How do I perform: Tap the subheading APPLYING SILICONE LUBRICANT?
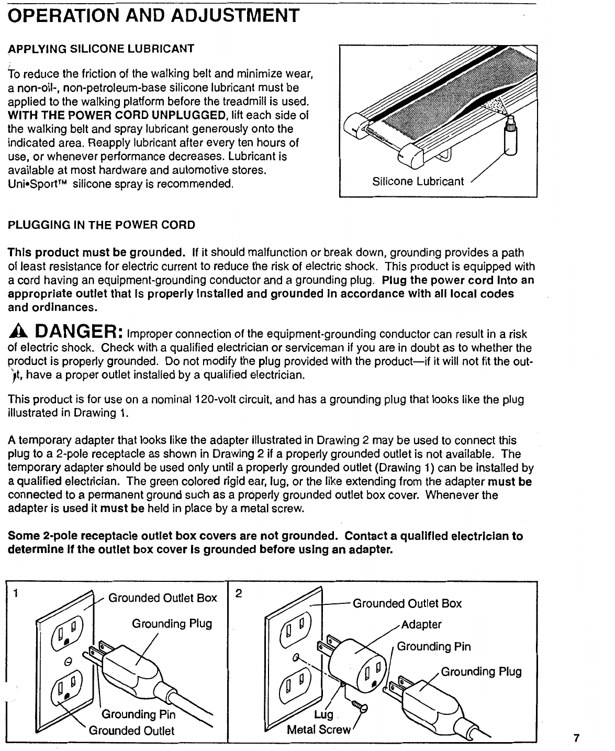pyautogui.click(x=101, y=49)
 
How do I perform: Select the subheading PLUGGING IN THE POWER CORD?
pyautogui.click(x=101, y=225)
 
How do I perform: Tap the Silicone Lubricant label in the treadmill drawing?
pyautogui.click(x=418, y=182)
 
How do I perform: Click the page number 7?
pyautogui.click(x=576, y=724)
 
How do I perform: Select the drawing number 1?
pyautogui.click(x=17, y=594)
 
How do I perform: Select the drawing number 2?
pyautogui.click(x=239, y=594)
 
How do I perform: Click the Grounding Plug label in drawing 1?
pyautogui.click(x=172, y=624)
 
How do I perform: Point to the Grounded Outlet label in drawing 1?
pyautogui.click(x=131, y=731)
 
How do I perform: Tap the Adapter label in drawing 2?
pyautogui.click(x=422, y=624)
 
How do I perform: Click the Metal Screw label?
pyautogui.click(x=318, y=730)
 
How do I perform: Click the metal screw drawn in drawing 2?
pyautogui.click(x=360, y=708)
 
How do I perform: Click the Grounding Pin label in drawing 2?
pyautogui.click(x=434, y=647)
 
